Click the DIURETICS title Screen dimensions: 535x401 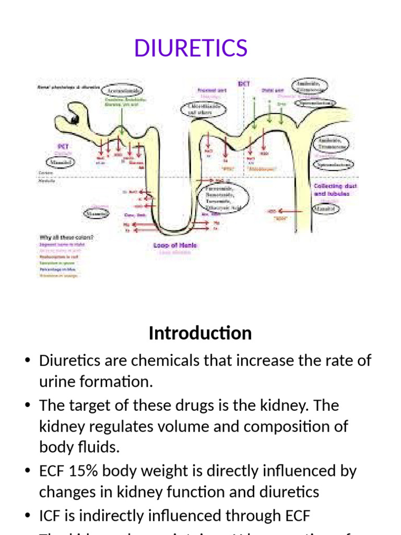[191, 48]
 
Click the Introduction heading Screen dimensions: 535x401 [200, 333]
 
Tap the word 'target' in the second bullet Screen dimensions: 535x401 [96, 405]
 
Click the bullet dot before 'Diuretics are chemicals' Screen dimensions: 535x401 [28, 361]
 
